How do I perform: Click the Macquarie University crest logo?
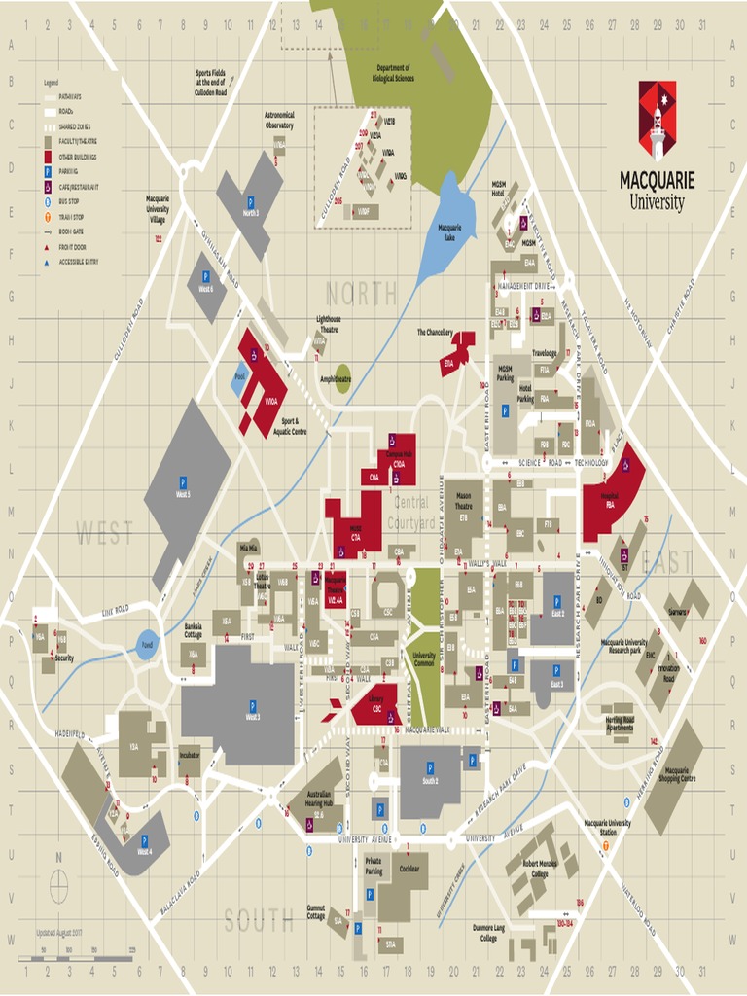pos(657,120)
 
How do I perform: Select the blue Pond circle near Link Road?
pos(147,644)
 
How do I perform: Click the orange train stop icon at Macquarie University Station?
pos(606,845)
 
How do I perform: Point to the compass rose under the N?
pos(58,885)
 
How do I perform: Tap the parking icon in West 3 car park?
pos(252,706)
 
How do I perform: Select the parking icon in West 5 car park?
pos(182,482)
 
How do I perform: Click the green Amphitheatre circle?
pos(342,379)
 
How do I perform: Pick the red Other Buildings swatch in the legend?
pos(47,156)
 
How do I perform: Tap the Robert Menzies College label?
pos(540,869)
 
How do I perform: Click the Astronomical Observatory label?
pos(279,120)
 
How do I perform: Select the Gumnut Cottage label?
pos(316,911)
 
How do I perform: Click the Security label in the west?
pos(63,658)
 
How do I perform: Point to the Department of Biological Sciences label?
pos(395,73)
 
